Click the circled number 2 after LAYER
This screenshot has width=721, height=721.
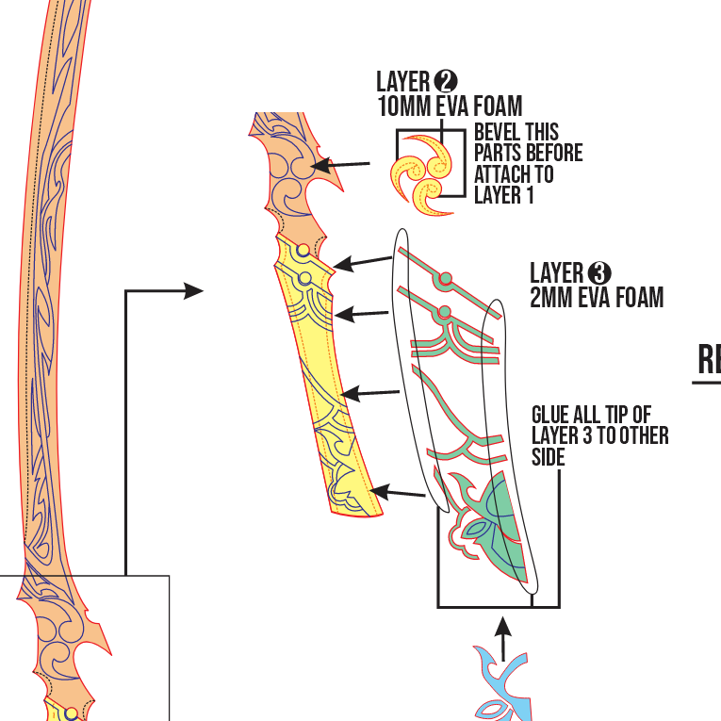445,81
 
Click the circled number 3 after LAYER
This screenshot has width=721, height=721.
599,273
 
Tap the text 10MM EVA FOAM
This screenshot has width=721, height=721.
450,106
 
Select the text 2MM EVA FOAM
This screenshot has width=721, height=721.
597,298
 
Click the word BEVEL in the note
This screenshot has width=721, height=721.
496,132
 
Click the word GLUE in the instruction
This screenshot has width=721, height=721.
552,415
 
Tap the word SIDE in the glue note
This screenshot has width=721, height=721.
549,457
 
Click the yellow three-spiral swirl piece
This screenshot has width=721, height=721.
424,171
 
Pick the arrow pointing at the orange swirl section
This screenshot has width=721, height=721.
340,166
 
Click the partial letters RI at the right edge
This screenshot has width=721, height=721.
709,359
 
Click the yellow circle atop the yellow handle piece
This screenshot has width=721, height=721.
302,251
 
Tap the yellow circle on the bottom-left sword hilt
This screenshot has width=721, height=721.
70,713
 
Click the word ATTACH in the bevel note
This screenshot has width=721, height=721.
502,174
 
